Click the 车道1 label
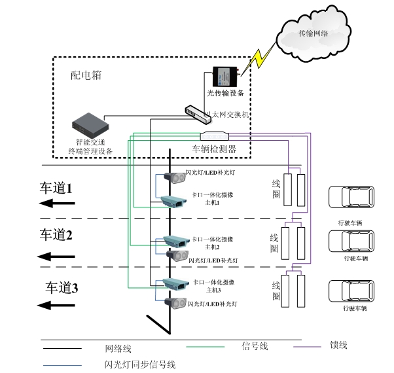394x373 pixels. click(x=56, y=188)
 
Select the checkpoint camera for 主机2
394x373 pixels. click(x=175, y=241)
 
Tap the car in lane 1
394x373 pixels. click(x=346, y=199)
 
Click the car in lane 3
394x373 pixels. click(x=346, y=292)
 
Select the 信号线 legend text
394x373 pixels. click(x=254, y=346)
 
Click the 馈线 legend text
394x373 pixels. click(x=338, y=346)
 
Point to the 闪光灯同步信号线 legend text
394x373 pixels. click(x=139, y=364)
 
